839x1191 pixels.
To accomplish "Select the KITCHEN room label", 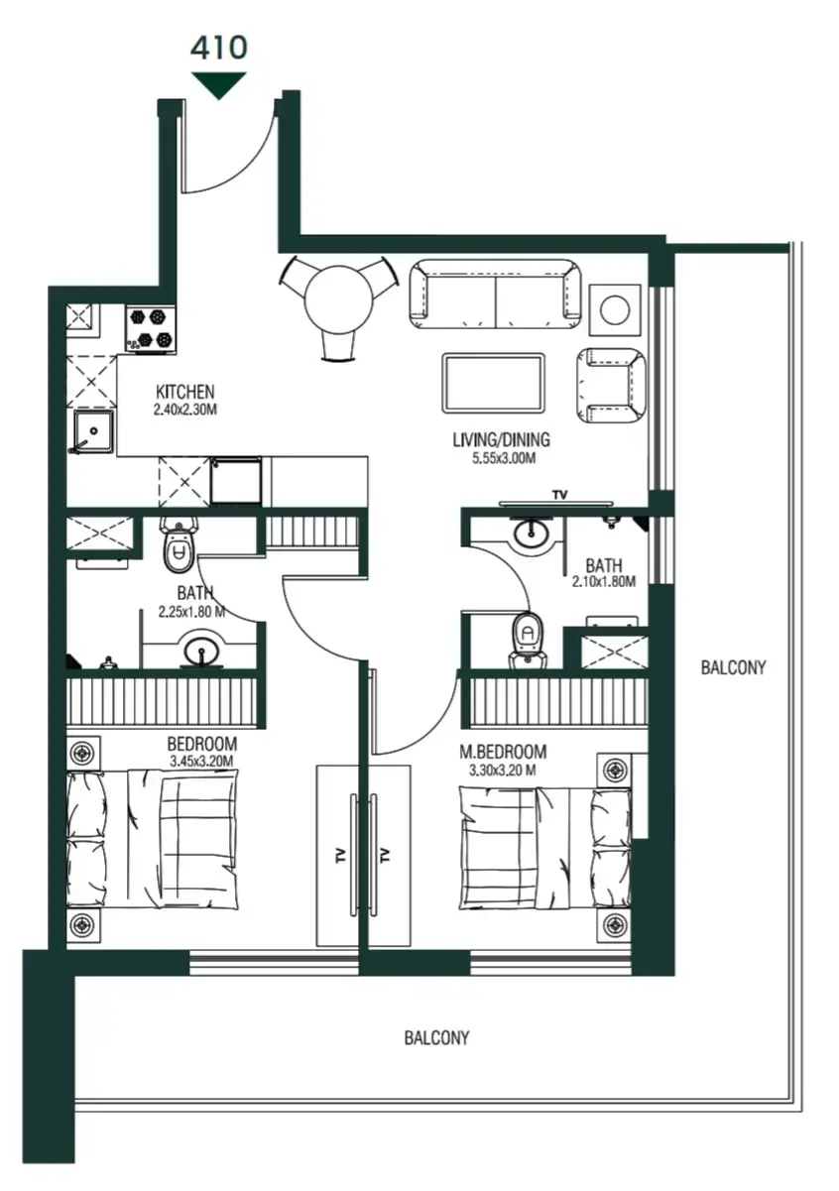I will (184, 392).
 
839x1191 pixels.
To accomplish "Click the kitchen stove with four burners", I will (151, 328).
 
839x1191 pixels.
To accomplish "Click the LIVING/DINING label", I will (501, 440).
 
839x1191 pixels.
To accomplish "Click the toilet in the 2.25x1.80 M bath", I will (179, 547).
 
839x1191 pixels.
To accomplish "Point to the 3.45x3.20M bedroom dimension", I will (201, 762).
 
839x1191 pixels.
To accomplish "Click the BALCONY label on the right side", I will (733, 667).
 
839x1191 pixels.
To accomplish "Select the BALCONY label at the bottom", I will (436, 1038).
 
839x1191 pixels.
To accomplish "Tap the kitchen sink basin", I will (94, 433).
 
